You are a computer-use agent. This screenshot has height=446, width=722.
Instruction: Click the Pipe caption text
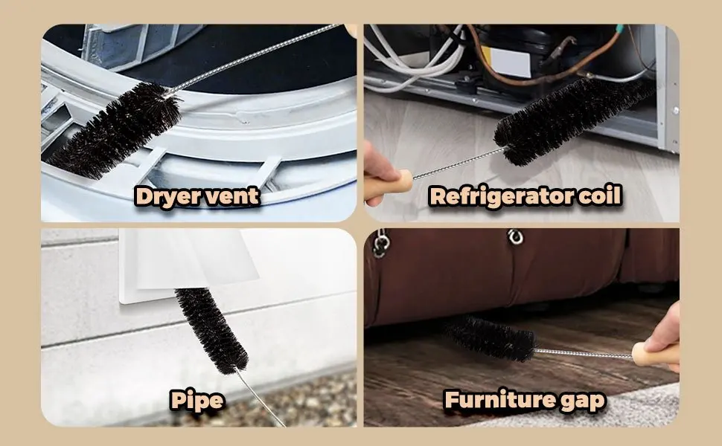[x=197, y=400]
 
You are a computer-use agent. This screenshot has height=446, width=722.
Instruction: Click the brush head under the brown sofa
[x=491, y=338]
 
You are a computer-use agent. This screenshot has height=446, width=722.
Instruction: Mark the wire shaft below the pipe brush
[x=261, y=398]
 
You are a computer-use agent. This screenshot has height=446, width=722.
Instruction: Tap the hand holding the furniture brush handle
[x=665, y=334]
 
